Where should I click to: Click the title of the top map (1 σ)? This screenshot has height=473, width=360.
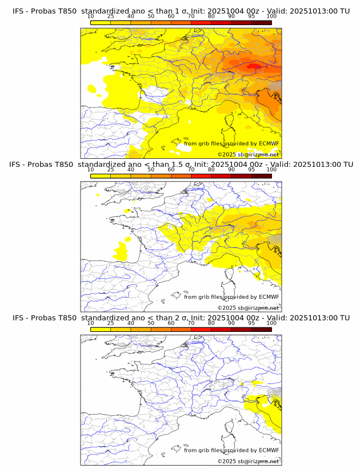(x=181, y=11)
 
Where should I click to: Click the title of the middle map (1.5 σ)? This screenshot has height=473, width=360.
(x=181, y=165)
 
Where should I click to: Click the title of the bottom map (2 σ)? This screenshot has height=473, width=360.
(x=181, y=318)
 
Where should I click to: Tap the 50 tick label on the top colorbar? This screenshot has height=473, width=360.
(x=151, y=16)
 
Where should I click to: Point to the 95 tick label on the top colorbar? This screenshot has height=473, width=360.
(x=251, y=16)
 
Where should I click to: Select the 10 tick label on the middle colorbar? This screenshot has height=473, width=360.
(x=91, y=170)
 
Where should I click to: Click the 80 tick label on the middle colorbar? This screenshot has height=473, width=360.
(x=211, y=170)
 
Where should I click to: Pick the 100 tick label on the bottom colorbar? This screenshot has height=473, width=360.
(x=271, y=323)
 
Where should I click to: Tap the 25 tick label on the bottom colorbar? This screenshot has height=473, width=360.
(x=111, y=323)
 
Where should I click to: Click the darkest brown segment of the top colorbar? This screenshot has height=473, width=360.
(x=261, y=22)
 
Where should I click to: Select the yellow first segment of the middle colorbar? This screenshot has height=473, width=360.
(x=101, y=176)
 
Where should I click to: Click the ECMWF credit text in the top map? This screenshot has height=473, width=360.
(x=231, y=143)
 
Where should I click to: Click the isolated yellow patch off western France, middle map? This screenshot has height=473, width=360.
(x=122, y=250)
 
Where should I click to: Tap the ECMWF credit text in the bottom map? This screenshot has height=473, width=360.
(x=231, y=450)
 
